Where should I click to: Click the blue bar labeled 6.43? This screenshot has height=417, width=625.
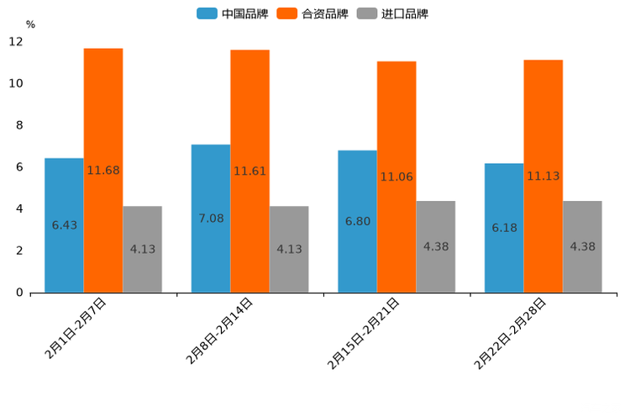coord(64,225)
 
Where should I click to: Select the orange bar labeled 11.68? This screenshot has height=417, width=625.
coord(103,171)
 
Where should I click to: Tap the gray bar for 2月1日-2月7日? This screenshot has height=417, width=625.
coord(142,249)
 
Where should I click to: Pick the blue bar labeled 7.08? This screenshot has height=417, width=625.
coord(211,219)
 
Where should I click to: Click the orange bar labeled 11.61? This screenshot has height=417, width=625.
coord(249,172)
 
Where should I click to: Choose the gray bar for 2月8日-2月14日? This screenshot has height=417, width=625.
coord(289,249)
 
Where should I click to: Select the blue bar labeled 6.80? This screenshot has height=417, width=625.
coord(357,221)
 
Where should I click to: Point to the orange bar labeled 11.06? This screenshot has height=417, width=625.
coord(397,177)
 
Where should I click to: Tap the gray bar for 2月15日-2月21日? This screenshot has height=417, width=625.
coord(435,246)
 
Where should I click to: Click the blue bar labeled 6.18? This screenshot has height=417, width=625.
coord(504,228)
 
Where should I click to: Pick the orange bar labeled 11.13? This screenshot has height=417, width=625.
coord(543,177)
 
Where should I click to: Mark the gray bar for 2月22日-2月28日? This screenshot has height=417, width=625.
coord(582,246)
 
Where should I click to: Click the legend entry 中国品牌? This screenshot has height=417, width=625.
coord(233,13)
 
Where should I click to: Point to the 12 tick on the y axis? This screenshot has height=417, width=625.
coord(16,42)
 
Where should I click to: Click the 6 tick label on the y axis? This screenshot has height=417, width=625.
coord(19,167)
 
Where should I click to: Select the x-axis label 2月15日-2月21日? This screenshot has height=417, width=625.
coord(364,334)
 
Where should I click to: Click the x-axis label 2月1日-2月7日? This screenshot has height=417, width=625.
coord(76,329)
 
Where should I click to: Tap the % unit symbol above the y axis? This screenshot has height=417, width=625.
coord(30,24)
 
